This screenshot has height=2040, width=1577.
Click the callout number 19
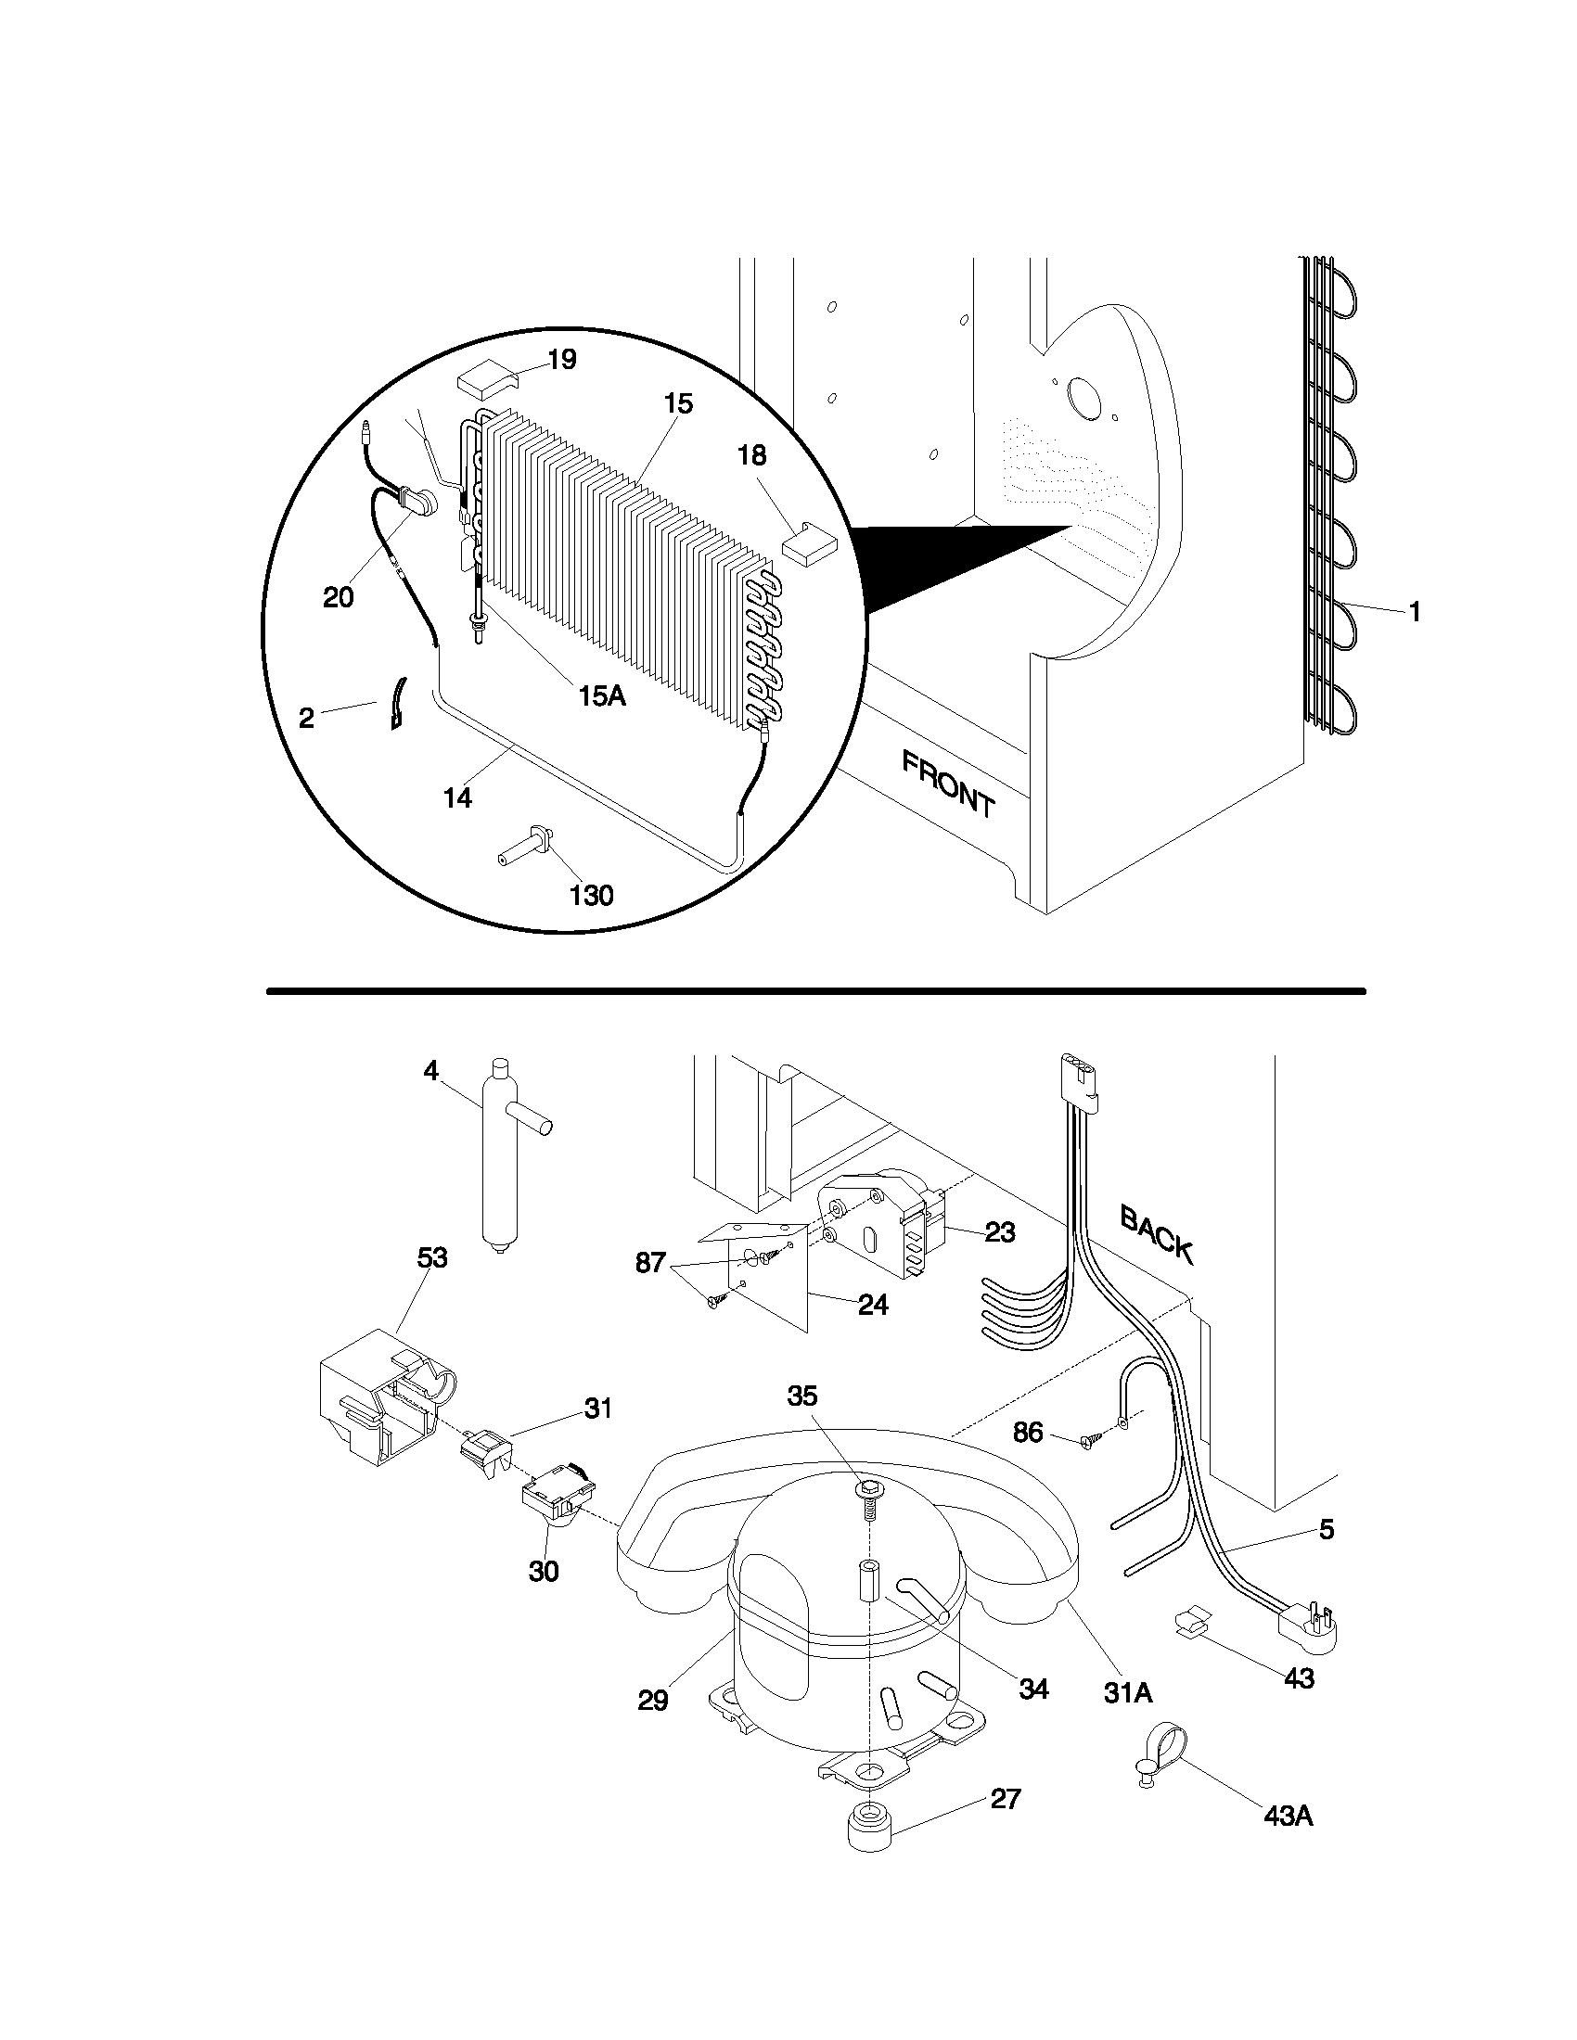pyautogui.click(x=561, y=360)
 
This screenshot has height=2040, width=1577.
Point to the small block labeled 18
pyautogui.click(x=809, y=541)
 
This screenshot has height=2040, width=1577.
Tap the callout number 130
pyautogui.click(x=592, y=896)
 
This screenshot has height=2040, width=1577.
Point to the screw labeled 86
pyautogui.click(x=1088, y=1442)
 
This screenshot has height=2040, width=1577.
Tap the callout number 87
pyautogui.click(x=650, y=1263)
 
